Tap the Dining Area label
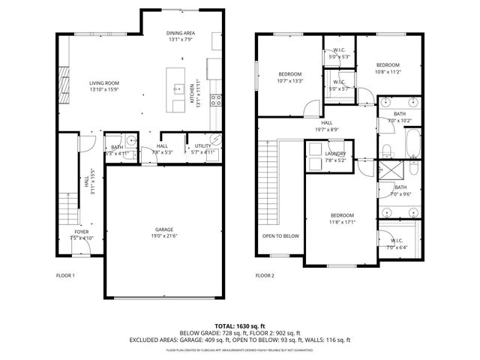(181, 34)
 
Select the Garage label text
(165, 229)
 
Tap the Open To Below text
(280, 236)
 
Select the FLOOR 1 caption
(66, 275)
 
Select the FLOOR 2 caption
(265, 275)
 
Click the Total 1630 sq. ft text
(239, 326)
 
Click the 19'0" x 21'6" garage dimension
(165, 236)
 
